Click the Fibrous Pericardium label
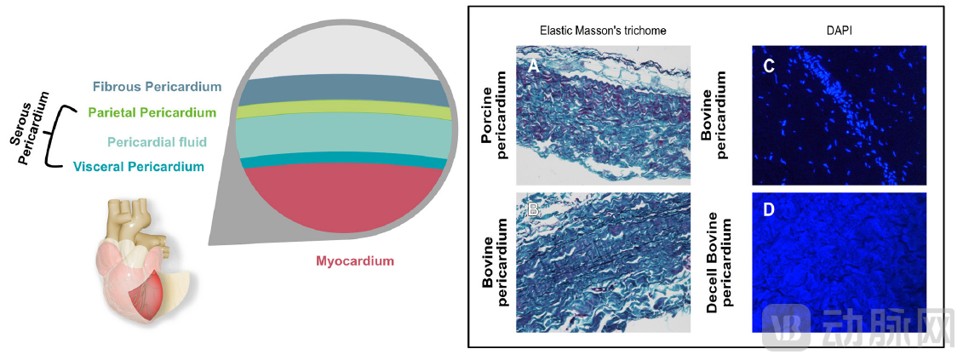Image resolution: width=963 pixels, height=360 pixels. click(157, 87)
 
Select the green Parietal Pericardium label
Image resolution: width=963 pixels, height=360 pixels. click(152, 112)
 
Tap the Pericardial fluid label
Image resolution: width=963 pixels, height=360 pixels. click(156, 140)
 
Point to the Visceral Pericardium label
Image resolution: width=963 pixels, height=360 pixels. click(139, 167)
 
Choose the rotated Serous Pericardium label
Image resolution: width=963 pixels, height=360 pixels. click(32, 124)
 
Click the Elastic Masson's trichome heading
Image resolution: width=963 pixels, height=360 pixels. click(602, 30)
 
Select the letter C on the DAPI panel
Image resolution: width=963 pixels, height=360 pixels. click(768, 66)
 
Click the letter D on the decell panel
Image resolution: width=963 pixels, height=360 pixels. click(768, 209)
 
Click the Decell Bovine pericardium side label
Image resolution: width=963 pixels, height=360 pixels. click(721, 265)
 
